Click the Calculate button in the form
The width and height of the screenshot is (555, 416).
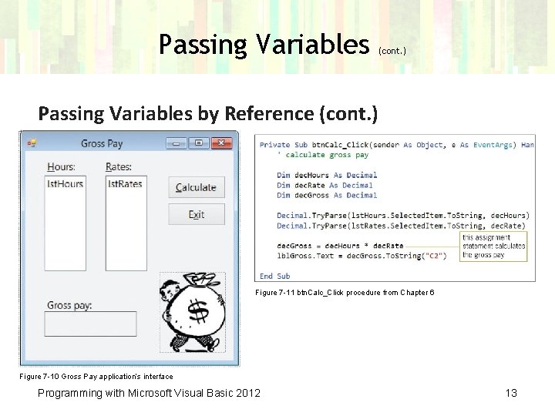click(x=197, y=187)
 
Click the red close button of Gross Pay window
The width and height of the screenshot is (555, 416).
click(x=222, y=143)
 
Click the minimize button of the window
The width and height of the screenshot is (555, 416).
click(x=177, y=143)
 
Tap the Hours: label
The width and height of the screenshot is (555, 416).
click(x=61, y=167)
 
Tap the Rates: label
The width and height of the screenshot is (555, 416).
click(x=119, y=167)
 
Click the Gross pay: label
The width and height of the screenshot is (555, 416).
click(x=69, y=305)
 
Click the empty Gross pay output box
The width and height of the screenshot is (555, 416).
click(x=90, y=324)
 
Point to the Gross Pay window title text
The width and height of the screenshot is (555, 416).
click(x=102, y=143)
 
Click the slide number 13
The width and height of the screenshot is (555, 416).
click(x=510, y=393)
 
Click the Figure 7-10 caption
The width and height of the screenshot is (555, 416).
click(x=96, y=377)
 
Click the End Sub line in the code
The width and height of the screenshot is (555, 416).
click(x=274, y=276)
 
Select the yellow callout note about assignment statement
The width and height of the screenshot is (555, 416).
click(x=494, y=247)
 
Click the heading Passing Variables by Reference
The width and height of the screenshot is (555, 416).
click(x=208, y=114)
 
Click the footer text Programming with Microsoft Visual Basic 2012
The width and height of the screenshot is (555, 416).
click(x=149, y=393)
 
